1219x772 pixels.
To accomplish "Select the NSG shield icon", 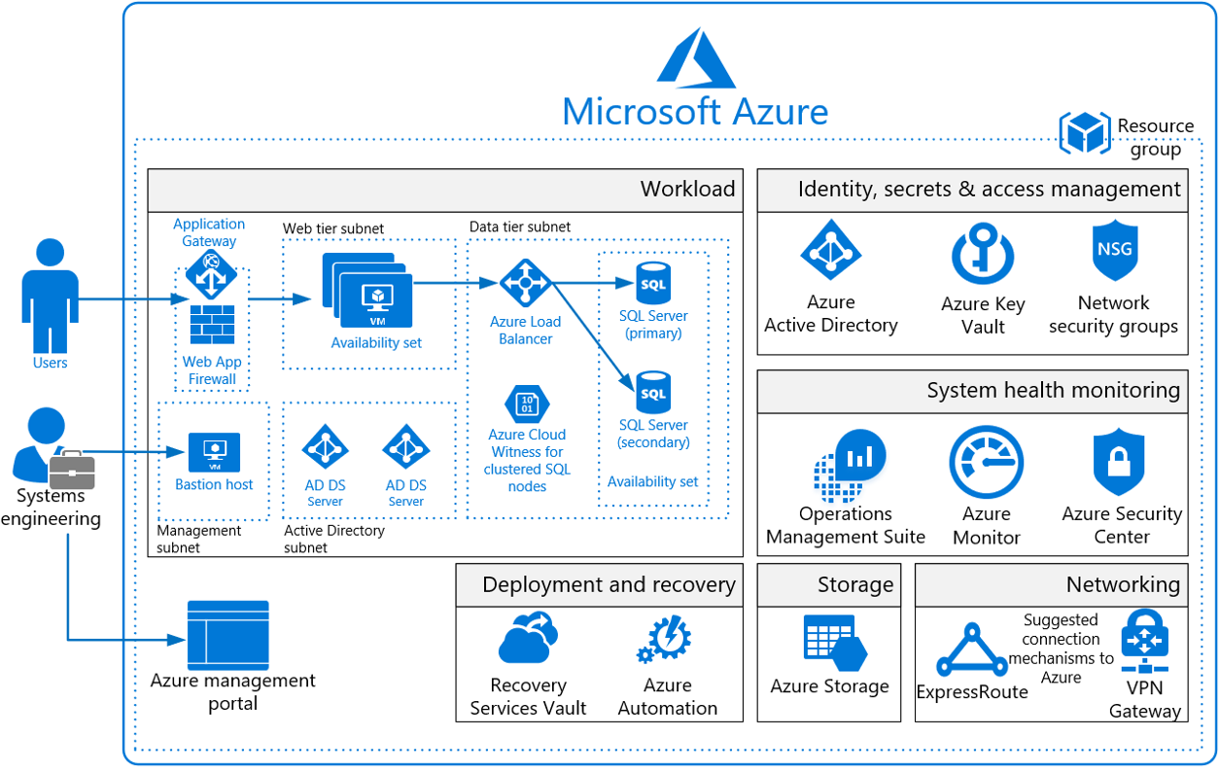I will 1114,250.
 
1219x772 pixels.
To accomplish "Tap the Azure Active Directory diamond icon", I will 830,250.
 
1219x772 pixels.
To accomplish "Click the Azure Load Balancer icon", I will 526,283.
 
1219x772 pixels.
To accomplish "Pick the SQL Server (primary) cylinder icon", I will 653,283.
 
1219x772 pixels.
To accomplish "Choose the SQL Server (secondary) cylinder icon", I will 653,392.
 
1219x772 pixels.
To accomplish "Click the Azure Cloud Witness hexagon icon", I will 527,404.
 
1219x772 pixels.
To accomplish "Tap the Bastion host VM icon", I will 214,451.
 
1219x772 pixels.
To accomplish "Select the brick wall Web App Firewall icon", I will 212,325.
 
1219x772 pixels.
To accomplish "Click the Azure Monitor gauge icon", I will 986,464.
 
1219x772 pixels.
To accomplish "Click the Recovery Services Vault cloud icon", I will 528,639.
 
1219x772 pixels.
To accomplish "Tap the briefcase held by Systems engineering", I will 72,470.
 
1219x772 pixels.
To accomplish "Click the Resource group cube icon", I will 1084,132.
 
